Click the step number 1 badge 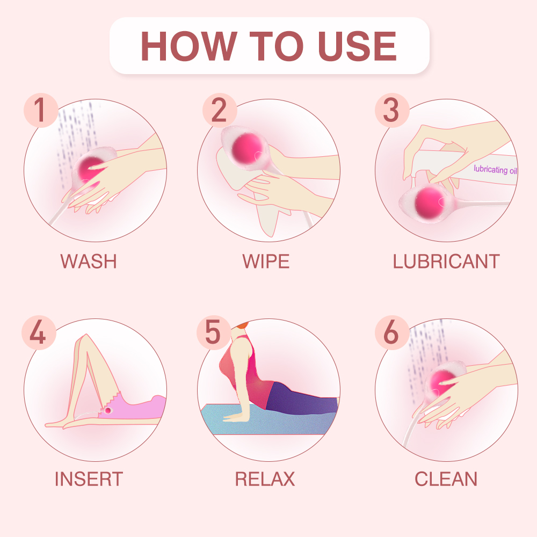click(x=40, y=111)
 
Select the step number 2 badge click(x=219, y=111)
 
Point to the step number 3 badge click(x=391, y=111)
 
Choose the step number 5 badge click(x=213, y=333)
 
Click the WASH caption click(x=89, y=262)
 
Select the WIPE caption click(x=266, y=262)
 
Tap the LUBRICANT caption click(x=446, y=262)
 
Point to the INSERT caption click(x=89, y=478)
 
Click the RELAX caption click(x=265, y=478)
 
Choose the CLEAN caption click(x=446, y=478)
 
